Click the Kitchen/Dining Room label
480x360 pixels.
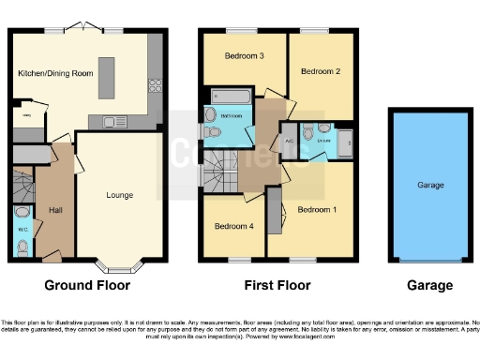pos(55,72)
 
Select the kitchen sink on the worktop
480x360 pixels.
pos(111,121)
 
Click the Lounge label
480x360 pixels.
pos(119,195)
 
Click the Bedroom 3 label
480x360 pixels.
pos(243,56)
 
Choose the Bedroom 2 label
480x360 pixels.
pos(320,70)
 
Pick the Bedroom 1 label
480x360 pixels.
pos(317,209)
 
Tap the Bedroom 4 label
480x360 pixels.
pos(233,226)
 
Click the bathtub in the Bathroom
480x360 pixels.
pos(228,96)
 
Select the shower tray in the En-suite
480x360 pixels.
pos(343,142)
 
